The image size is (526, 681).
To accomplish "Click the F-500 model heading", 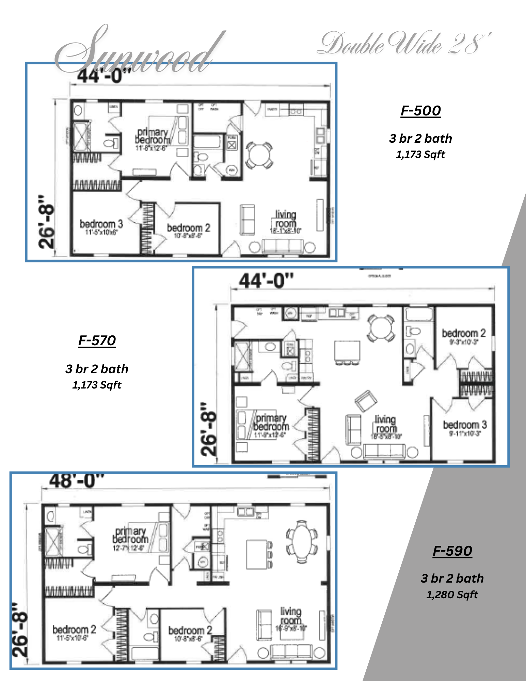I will tap(420, 111).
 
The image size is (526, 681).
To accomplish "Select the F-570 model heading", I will tap(97, 340).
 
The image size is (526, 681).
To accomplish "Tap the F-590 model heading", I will tap(452, 551).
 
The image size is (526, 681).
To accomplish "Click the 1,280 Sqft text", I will tap(452, 595).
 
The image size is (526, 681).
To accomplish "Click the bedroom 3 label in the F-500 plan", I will tap(101, 224).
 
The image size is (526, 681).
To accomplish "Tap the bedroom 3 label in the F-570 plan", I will tap(465, 425).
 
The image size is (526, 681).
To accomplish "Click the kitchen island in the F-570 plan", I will tap(347, 351).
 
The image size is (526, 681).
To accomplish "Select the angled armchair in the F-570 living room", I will tap(366, 400).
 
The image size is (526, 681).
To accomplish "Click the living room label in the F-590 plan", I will tap(291, 616).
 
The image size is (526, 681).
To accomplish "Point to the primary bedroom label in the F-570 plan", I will tap(271, 422).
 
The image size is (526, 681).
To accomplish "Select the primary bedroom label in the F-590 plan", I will tap(131, 535).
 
